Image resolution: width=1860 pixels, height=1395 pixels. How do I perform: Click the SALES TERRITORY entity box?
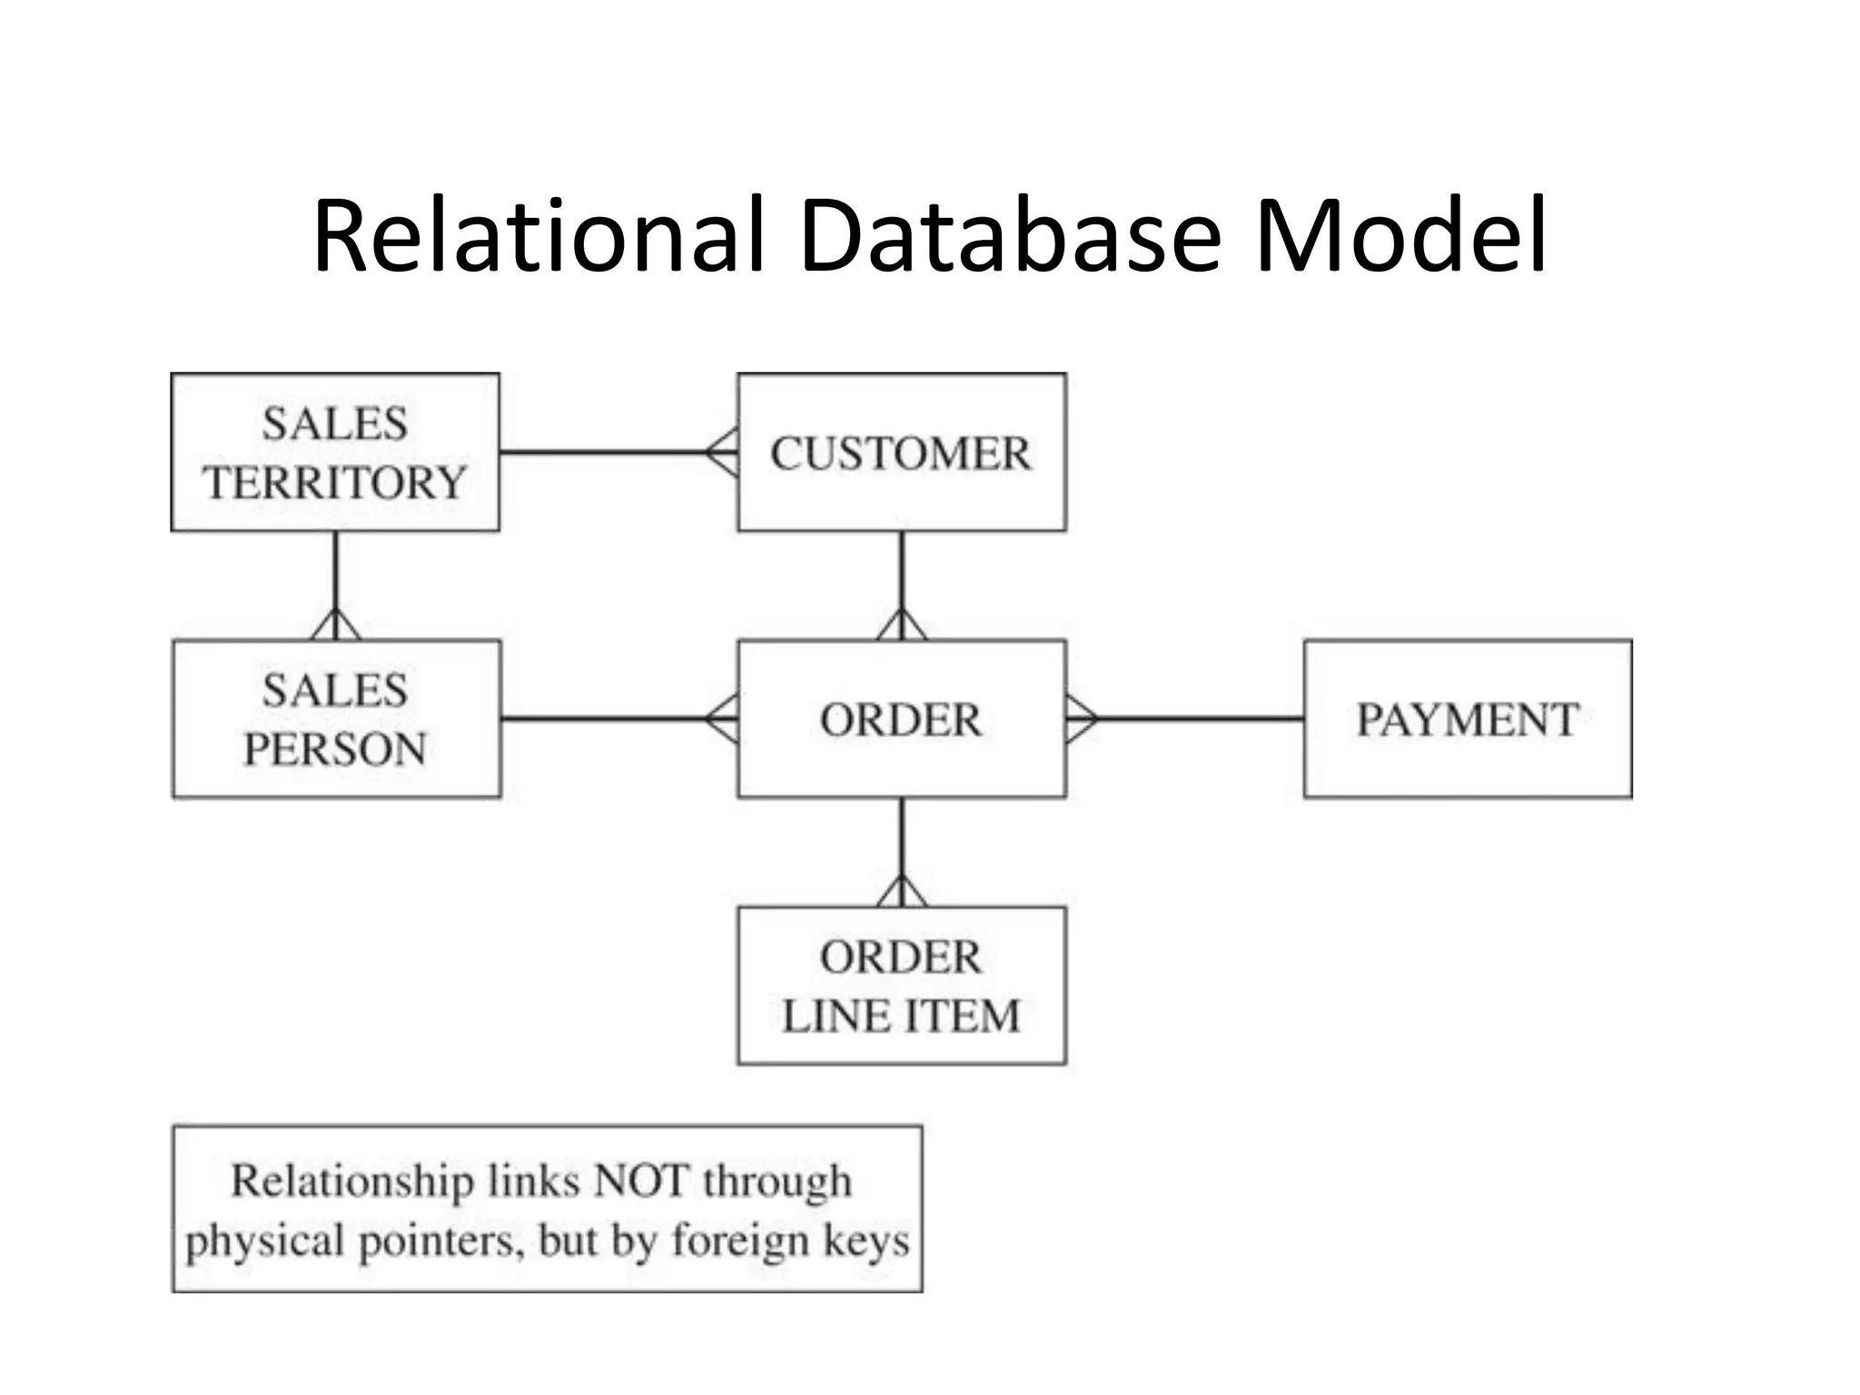pos(334,451)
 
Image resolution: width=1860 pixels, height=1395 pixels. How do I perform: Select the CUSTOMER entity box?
pos(901,451)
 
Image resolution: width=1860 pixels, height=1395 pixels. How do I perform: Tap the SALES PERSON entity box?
pos(335,718)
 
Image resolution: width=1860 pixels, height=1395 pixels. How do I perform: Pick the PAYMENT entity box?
pos(1467,718)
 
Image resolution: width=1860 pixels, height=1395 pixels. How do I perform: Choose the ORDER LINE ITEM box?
pos(901,985)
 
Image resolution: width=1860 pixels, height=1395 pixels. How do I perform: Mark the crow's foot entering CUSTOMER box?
pos(723,452)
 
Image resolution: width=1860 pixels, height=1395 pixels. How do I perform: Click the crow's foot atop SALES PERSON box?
pos(335,625)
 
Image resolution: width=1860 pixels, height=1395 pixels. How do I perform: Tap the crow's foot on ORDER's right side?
pos(1081,718)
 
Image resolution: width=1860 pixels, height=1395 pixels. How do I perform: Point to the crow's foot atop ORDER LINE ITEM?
pos(901,892)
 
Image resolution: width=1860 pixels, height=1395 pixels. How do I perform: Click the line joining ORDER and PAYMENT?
pos(1199,718)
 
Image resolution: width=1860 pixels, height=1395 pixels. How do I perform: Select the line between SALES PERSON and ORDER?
pos(604,718)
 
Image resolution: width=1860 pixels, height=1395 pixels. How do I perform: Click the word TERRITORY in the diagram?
pos(334,482)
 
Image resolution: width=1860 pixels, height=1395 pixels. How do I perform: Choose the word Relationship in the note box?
pos(352,1181)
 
